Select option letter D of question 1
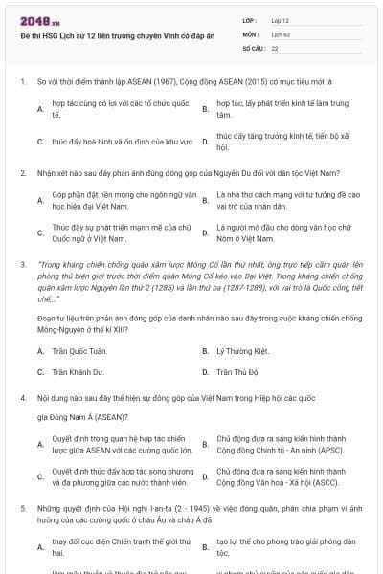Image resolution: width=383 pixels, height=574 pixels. pyautogui.click(x=205, y=143)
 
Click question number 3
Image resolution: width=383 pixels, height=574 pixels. pyautogui.click(x=22, y=261)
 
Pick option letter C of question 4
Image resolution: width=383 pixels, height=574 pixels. pyautogui.click(x=41, y=477)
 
